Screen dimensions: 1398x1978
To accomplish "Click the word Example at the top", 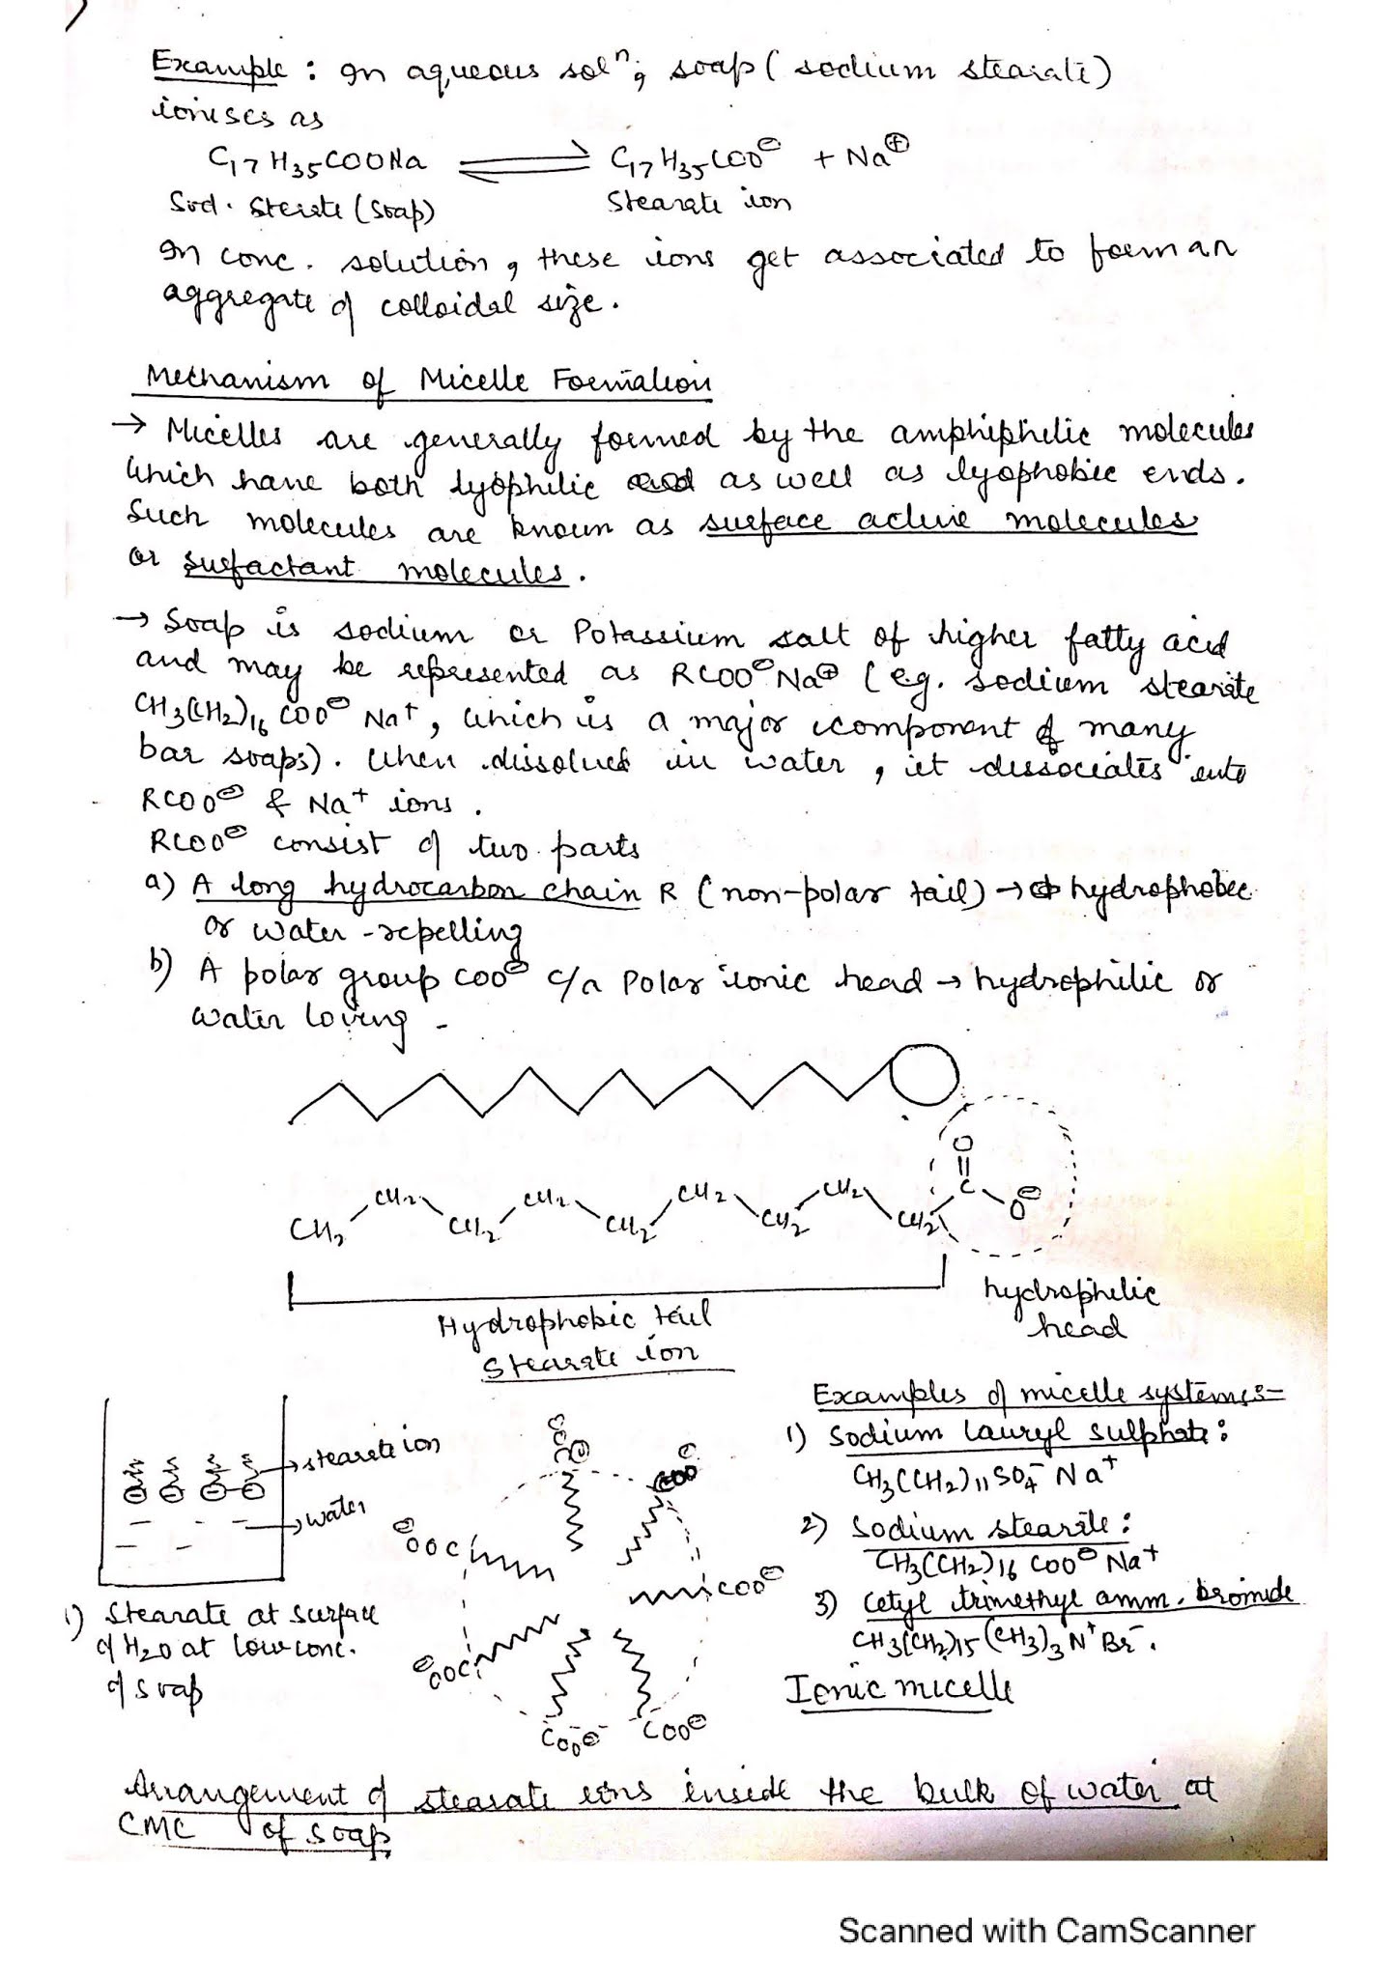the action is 219,70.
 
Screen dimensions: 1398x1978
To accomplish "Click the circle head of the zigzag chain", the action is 923,1077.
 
